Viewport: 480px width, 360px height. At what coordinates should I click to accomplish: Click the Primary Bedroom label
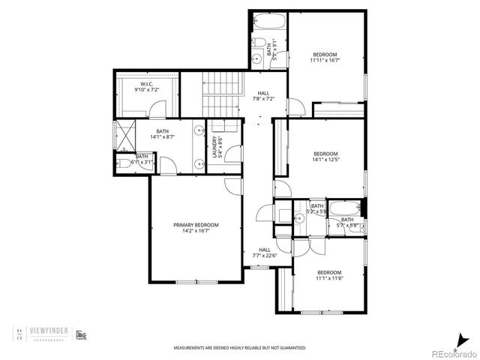(x=195, y=225)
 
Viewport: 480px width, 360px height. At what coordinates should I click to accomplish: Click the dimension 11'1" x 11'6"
(x=328, y=278)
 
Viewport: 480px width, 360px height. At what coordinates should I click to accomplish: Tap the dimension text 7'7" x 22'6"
(x=265, y=256)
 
